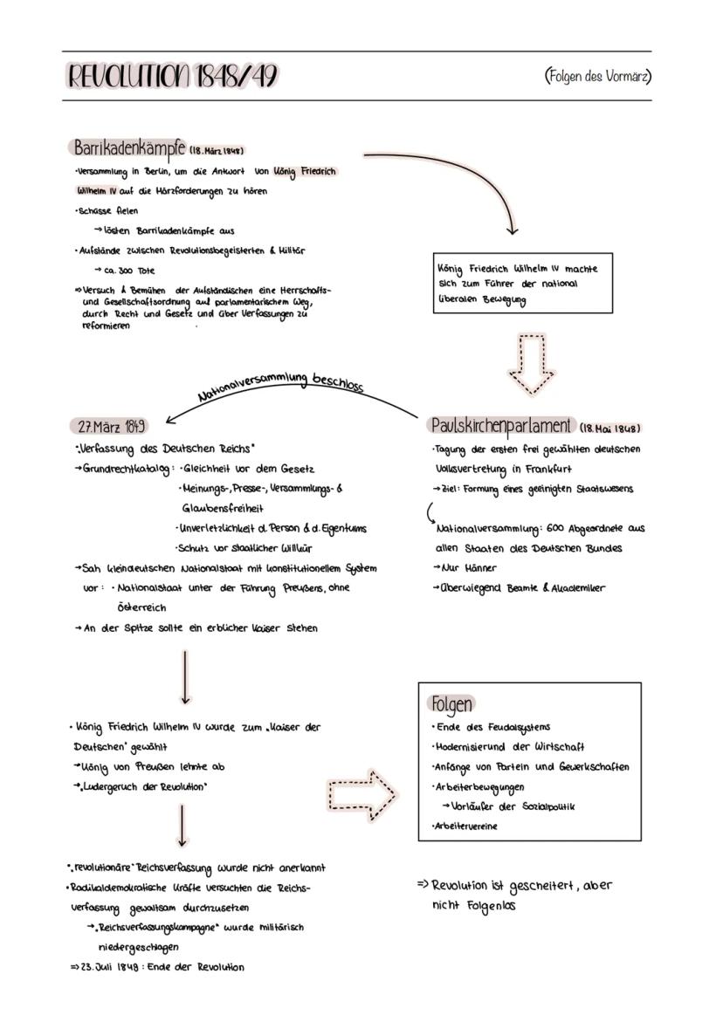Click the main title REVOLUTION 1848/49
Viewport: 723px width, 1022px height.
[x=173, y=77]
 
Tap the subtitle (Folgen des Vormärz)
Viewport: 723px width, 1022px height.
[x=597, y=76]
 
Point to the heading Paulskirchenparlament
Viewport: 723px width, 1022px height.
[x=501, y=426]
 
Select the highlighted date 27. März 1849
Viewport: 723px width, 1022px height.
[x=108, y=427]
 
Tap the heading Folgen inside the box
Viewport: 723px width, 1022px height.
[x=451, y=703]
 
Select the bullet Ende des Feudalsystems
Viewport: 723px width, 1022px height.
[x=492, y=727]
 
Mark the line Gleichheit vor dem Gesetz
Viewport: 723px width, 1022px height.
[x=247, y=469]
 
